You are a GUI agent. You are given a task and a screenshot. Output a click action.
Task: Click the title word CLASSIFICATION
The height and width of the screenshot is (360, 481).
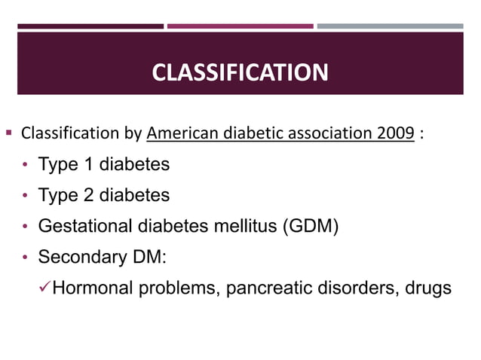point(240,73)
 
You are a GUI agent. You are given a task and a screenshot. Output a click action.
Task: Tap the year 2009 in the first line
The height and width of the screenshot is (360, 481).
point(395,135)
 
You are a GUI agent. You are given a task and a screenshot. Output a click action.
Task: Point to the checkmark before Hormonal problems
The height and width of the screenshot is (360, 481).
point(45,287)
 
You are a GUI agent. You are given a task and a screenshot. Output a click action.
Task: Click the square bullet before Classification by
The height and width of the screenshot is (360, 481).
point(9,135)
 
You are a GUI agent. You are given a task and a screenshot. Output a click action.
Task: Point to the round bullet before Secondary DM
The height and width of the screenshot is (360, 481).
point(26,257)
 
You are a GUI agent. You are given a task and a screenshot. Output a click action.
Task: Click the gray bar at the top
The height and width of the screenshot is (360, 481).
point(390,26)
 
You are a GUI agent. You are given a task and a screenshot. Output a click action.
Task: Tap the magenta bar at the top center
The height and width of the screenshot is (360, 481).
point(240,26)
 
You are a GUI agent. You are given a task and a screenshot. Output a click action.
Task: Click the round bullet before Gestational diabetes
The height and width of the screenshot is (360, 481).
point(26,226)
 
